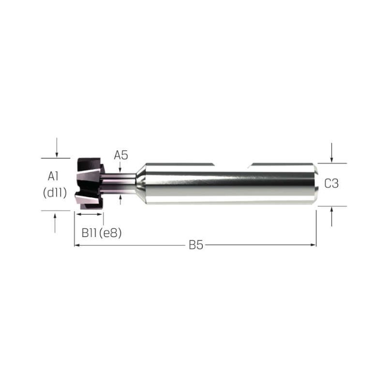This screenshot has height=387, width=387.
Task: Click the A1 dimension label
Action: pos(53,176)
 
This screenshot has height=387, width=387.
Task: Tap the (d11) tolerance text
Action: pos(55,193)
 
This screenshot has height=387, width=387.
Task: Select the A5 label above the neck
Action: pos(121,155)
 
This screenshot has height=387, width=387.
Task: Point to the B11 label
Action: pos(89,233)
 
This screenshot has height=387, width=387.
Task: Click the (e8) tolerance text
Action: pos(110,233)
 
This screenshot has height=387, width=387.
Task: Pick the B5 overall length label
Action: pos(196,245)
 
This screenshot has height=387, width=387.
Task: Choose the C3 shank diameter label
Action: pos(331,183)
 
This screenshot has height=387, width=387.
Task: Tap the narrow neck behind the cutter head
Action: pos(119,183)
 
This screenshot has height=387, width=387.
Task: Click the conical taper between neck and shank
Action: pos(141,184)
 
